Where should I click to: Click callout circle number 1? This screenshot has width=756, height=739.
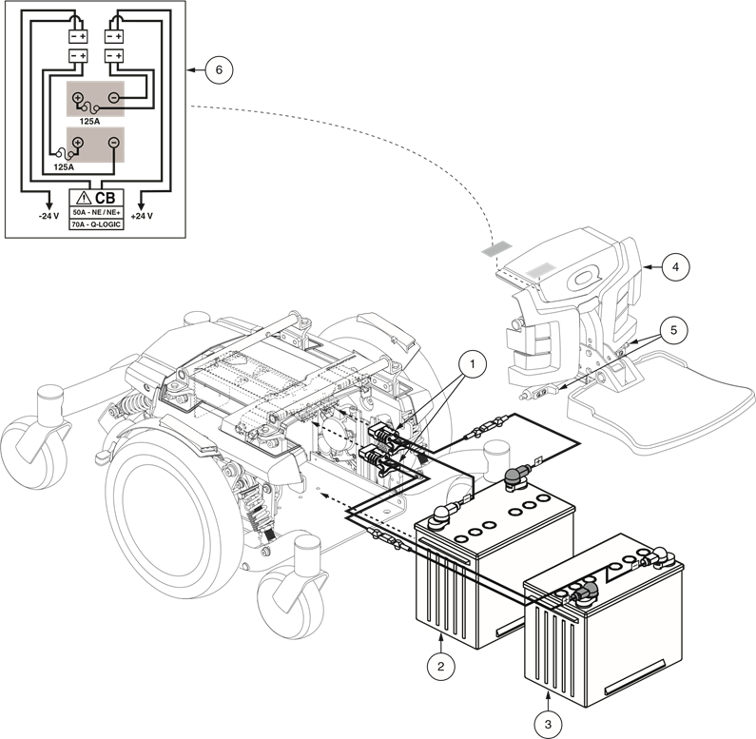pyautogui.click(x=472, y=364)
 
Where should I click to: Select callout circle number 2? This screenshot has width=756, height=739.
pyautogui.click(x=440, y=667)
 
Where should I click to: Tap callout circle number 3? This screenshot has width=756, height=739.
pyautogui.click(x=548, y=724)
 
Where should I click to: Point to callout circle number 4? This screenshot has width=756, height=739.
pyautogui.click(x=675, y=266)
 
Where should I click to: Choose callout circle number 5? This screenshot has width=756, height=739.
pyautogui.click(x=673, y=330)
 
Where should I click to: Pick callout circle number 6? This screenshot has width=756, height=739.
pyautogui.click(x=219, y=70)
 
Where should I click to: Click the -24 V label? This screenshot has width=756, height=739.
pyautogui.click(x=48, y=216)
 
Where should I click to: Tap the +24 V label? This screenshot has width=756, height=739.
pyautogui.click(x=142, y=216)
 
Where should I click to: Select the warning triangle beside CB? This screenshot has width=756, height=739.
pyautogui.click(x=84, y=197)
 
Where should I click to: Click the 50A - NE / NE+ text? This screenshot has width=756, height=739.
pyautogui.click(x=96, y=212)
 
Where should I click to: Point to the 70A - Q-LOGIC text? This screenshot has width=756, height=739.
pyautogui.click(x=96, y=224)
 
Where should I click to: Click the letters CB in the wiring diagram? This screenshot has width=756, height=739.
pyautogui.click(x=106, y=198)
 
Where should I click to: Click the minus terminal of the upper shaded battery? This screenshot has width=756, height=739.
pyautogui.click(x=114, y=98)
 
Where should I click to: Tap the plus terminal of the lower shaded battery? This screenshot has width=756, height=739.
pyautogui.click(x=78, y=143)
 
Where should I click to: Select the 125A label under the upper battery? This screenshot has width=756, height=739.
pyautogui.click(x=89, y=122)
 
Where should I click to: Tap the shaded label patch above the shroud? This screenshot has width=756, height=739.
pyautogui.click(x=496, y=249)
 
